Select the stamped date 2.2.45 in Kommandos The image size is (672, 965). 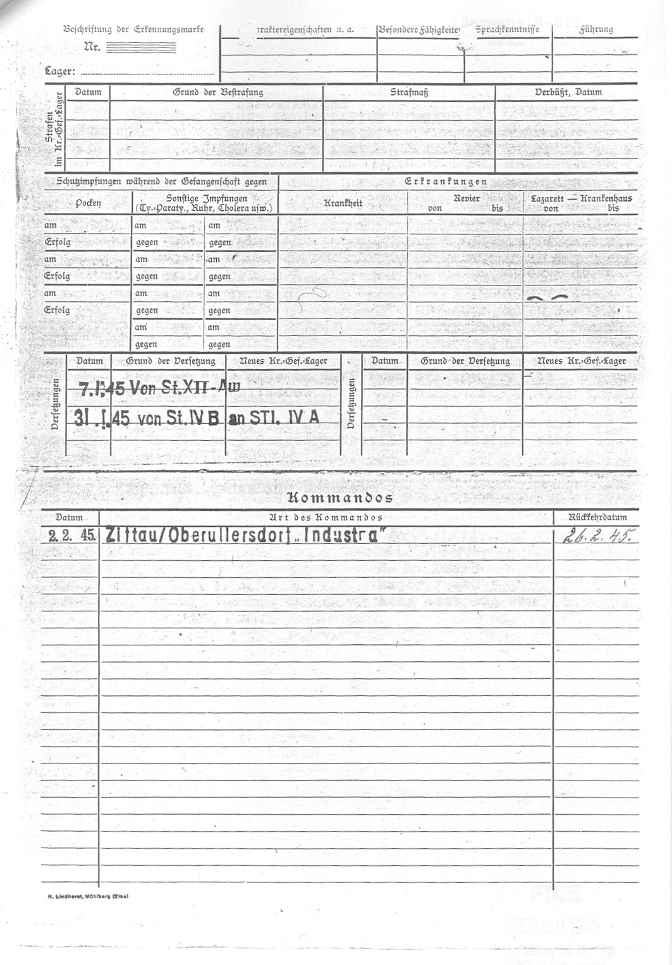[x=72, y=536]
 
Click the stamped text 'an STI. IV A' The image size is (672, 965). [x=274, y=417]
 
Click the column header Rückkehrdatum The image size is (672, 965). [x=597, y=517]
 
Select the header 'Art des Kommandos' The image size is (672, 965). [x=326, y=517]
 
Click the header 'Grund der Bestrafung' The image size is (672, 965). [x=217, y=92]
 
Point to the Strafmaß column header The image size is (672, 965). [x=409, y=92]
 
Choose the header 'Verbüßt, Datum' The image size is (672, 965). [x=568, y=92]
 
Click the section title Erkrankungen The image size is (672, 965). [x=446, y=182]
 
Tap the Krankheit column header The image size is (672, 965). [x=343, y=203]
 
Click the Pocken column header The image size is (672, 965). [x=88, y=203]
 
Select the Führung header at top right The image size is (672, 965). [x=596, y=30]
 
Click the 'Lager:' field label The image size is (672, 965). [x=60, y=71]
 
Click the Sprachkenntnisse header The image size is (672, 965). [x=507, y=30]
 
